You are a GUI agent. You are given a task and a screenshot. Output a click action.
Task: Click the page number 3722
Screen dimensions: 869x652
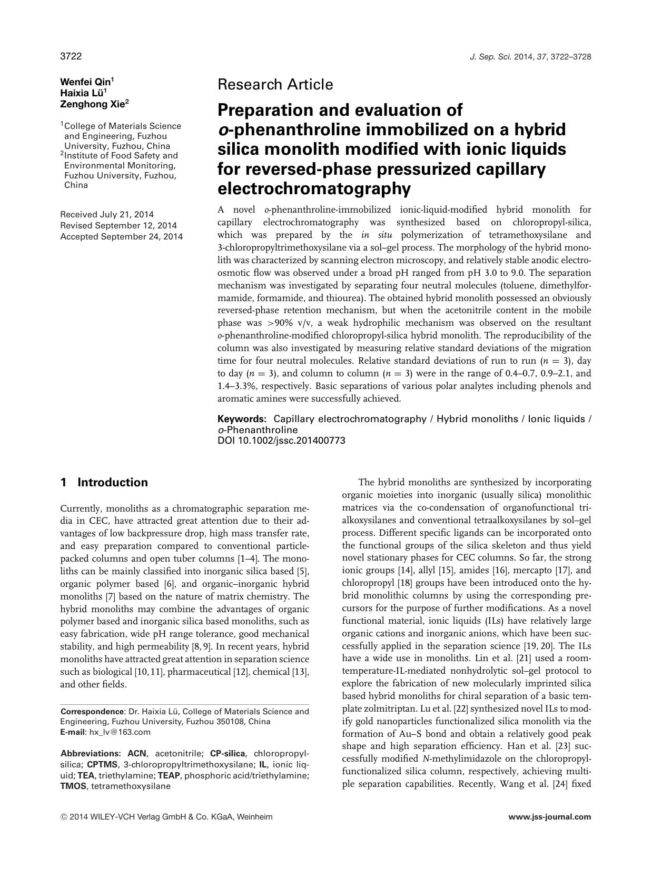pos(71,56)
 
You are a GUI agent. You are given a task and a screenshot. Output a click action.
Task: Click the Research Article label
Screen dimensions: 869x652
pos(275,84)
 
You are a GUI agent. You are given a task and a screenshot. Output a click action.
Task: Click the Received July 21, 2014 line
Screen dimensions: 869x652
pos(107,214)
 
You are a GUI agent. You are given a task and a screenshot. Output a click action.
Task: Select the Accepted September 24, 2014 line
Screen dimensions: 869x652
pos(121,236)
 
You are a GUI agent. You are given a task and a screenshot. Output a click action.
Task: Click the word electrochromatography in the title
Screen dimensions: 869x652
pos(314,188)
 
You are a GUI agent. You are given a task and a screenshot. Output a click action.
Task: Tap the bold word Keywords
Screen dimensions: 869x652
pos(242,419)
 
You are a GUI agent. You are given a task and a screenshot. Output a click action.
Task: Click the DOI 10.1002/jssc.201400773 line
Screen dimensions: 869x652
pos(281,441)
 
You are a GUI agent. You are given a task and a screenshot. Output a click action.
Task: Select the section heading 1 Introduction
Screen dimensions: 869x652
pos(104,483)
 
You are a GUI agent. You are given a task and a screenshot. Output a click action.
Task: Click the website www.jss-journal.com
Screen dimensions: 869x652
pos(550,817)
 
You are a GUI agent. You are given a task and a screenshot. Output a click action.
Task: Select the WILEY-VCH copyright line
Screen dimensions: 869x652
pos(166,817)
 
